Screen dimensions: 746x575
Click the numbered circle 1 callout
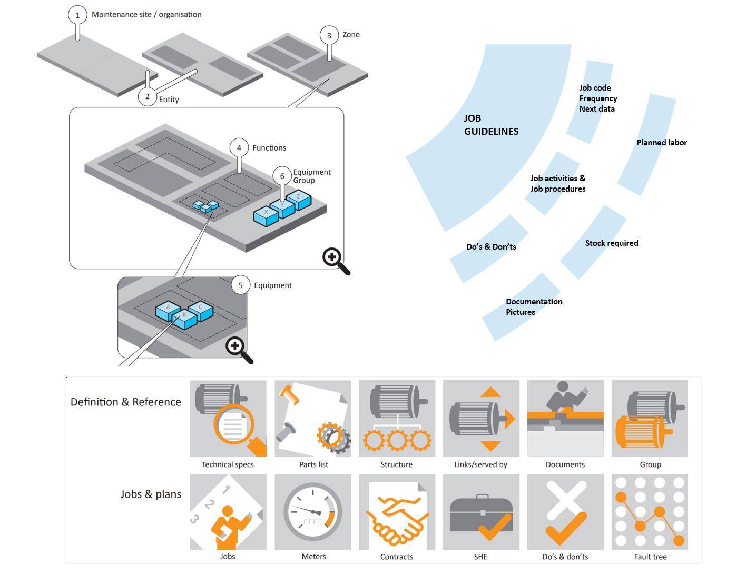pyautogui.click(x=77, y=15)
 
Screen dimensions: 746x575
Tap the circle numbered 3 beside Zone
pyautogui.click(x=329, y=35)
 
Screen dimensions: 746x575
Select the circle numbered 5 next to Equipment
pyautogui.click(x=240, y=285)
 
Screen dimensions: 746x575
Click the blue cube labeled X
pyautogui.click(x=266, y=216)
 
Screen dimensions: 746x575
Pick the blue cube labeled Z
pyautogui.click(x=299, y=200)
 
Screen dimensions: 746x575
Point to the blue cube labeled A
pyautogui.click(x=168, y=311)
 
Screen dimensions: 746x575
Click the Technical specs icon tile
pyautogui.click(x=228, y=418)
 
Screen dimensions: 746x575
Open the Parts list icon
pyautogui.click(x=313, y=418)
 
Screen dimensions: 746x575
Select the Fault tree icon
pyautogui.click(x=650, y=512)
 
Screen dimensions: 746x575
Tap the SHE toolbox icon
pyautogui.click(x=482, y=512)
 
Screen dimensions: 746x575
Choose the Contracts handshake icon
pyautogui.click(x=397, y=512)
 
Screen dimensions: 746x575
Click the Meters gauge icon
pyautogui.click(x=313, y=512)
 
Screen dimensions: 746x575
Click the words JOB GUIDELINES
pyautogui.click(x=491, y=125)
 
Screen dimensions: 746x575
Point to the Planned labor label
pyautogui.click(x=662, y=142)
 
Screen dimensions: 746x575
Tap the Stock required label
pyautogui.click(x=612, y=243)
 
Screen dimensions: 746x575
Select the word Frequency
pyautogui.click(x=598, y=98)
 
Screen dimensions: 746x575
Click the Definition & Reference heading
pyautogui.click(x=125, y=402)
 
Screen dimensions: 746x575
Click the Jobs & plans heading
pyautogui.click(x=151, y=494)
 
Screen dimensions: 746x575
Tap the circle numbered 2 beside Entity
pyautogui.click(x=148, y=96)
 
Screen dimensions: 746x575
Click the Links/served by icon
pyautogui.click(x=482, y=418)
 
